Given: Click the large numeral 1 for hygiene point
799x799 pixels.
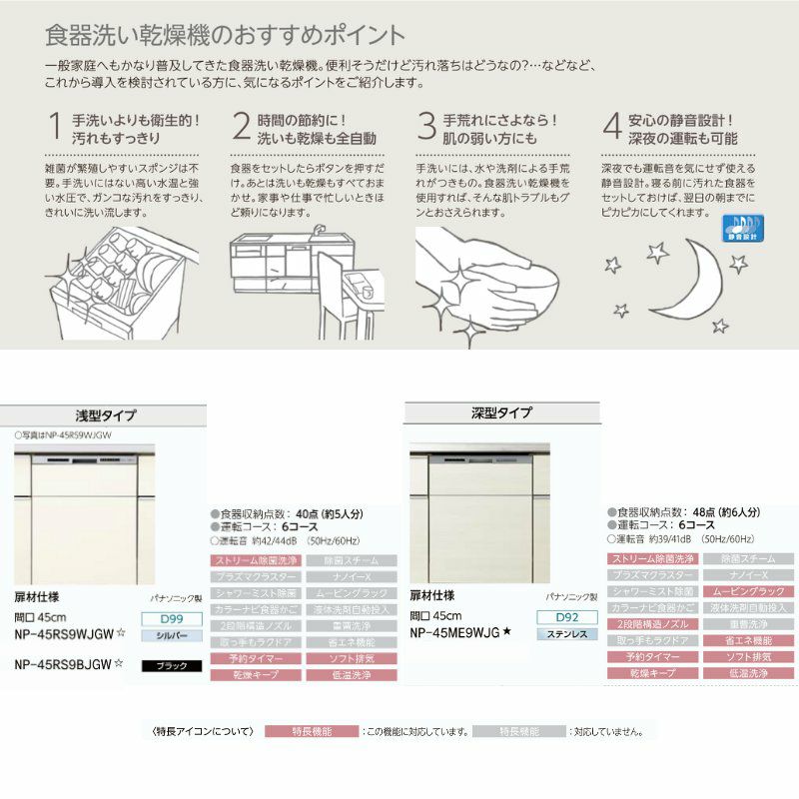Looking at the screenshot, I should (x=55, y=127).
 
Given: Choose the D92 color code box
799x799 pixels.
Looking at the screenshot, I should (x=567, y=617).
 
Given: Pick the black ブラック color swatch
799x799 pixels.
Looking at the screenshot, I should (x=172, y=665).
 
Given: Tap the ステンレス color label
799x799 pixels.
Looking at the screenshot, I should (x=567, y=634).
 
